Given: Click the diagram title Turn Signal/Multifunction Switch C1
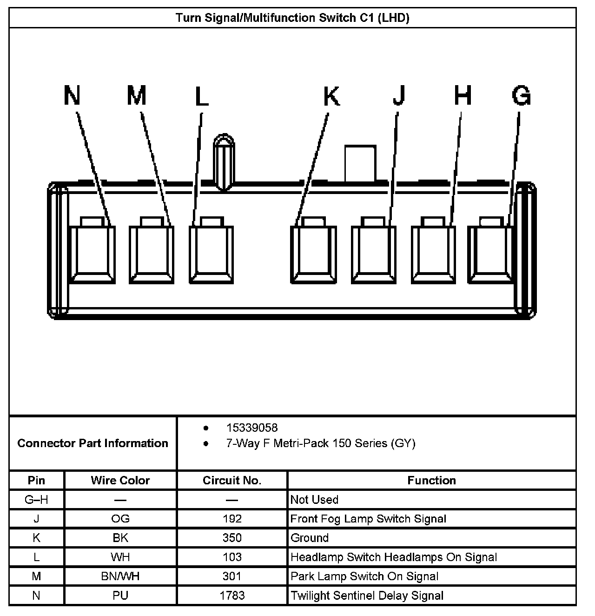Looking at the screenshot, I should click(292, 18).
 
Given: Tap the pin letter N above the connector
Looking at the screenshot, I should click(72, 96).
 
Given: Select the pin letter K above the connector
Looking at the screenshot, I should click(331, 96).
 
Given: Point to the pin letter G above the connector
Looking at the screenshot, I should click(521, 96).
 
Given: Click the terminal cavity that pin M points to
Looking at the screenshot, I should click(151, 254).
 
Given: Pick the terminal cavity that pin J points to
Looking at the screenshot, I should click(373, 254).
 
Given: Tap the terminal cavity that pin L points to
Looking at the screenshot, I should click(212, 254).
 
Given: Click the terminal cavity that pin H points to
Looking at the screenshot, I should click(433, 254).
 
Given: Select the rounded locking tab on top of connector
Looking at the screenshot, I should click(224, 162).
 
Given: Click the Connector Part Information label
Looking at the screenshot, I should click(93, 443).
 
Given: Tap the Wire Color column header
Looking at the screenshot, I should click(120, 480).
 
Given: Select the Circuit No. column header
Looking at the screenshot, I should click(232, 480).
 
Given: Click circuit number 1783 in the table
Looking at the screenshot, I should click(232, 596).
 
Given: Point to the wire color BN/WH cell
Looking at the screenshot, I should click(120, 576).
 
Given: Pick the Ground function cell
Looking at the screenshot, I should click(310, 538).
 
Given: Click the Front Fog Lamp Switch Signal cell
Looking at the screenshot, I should click(368, 519).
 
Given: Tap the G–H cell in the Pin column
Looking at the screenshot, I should click(36, 500).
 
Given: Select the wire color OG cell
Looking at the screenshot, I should click(120, 519).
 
